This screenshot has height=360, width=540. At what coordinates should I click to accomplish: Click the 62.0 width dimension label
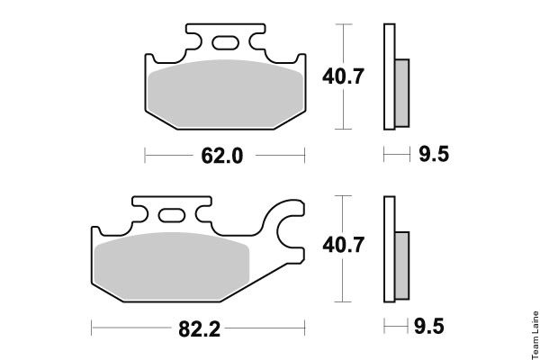coord(222,156)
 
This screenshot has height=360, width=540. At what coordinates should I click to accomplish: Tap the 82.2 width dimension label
coord(200,329)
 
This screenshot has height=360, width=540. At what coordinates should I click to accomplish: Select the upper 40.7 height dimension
coord(343,76)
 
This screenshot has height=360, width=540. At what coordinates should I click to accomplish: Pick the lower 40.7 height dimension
coord(343,245)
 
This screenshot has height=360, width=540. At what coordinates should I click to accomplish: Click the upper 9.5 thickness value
coord(434,154)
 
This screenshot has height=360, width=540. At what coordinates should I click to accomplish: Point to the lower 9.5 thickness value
coord(429,326)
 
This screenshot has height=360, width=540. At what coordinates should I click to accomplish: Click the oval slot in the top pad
coord(225,43)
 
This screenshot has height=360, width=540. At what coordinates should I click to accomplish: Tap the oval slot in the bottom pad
coord(172,216)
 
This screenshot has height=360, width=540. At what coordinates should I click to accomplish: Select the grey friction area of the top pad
coord(226,93)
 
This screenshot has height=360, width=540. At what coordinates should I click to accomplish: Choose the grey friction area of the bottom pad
coord(172,266)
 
